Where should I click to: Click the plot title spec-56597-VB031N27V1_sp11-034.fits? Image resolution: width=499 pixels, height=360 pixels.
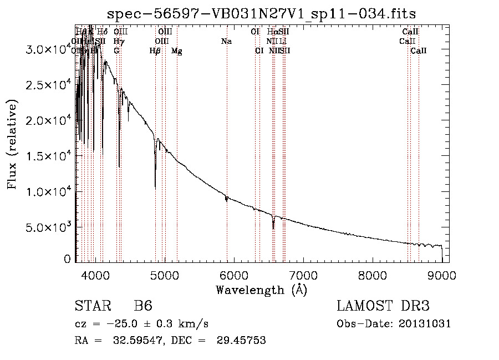click(262, 13)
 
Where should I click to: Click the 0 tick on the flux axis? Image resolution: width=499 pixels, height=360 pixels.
click(67, 259)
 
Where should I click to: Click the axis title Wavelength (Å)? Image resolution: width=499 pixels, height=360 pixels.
click(261, 290)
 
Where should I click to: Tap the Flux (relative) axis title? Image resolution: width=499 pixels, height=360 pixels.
click(12, 144)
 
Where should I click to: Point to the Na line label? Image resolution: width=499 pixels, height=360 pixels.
click(226, 41)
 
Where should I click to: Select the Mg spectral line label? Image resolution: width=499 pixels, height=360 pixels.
click(177, 51)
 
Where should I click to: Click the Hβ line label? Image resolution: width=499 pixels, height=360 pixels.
click(155, 51)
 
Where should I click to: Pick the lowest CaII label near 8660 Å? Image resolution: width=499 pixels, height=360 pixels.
click(419, 51)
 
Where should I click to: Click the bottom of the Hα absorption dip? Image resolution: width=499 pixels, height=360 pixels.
click(273, 228)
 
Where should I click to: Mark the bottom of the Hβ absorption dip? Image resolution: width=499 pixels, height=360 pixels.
click(155, 189)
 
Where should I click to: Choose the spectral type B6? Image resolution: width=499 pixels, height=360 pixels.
click(143, 306)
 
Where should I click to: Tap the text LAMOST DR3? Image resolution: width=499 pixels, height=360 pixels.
click(383, 306)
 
